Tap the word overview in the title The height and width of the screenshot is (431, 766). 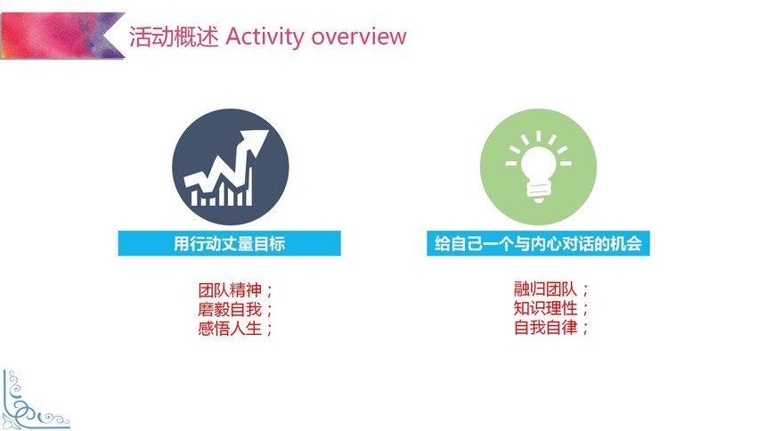[x=359, y=37]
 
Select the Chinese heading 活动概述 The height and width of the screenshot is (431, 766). [x=174, y=37]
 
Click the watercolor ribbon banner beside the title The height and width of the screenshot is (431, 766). [x=62, y=36]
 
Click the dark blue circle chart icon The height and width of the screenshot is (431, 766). [x=230, y=167]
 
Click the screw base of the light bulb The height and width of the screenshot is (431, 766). [x=538, y=191]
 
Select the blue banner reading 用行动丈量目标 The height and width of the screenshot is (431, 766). [x=229, y=243]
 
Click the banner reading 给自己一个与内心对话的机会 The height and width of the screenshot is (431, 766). [x=538, y=243]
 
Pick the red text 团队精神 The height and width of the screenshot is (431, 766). [x=230, y=289]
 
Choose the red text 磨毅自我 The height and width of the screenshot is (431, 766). [x=230, y=309]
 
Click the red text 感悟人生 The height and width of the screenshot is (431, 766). [x=230, y=328]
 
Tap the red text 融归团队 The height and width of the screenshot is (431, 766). [x=546, y=289]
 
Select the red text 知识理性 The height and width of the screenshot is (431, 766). [x=546, y=308]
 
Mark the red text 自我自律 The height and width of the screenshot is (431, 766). [x=546, y=327]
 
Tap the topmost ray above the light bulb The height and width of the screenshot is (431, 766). [x=538, y=136]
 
